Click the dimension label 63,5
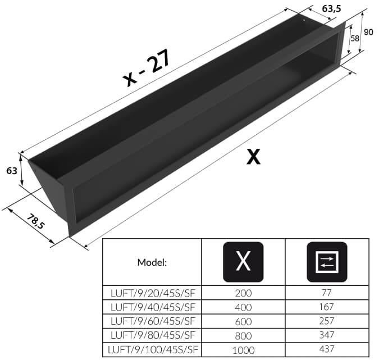(331, 8)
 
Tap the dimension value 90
(368, 32)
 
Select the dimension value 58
(355, 38)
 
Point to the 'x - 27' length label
(147, 68)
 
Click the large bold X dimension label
(254, 157)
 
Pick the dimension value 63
(12, 171)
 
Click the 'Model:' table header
(152, 262)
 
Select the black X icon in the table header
(243, 262)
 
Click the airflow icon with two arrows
(327, 262)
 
